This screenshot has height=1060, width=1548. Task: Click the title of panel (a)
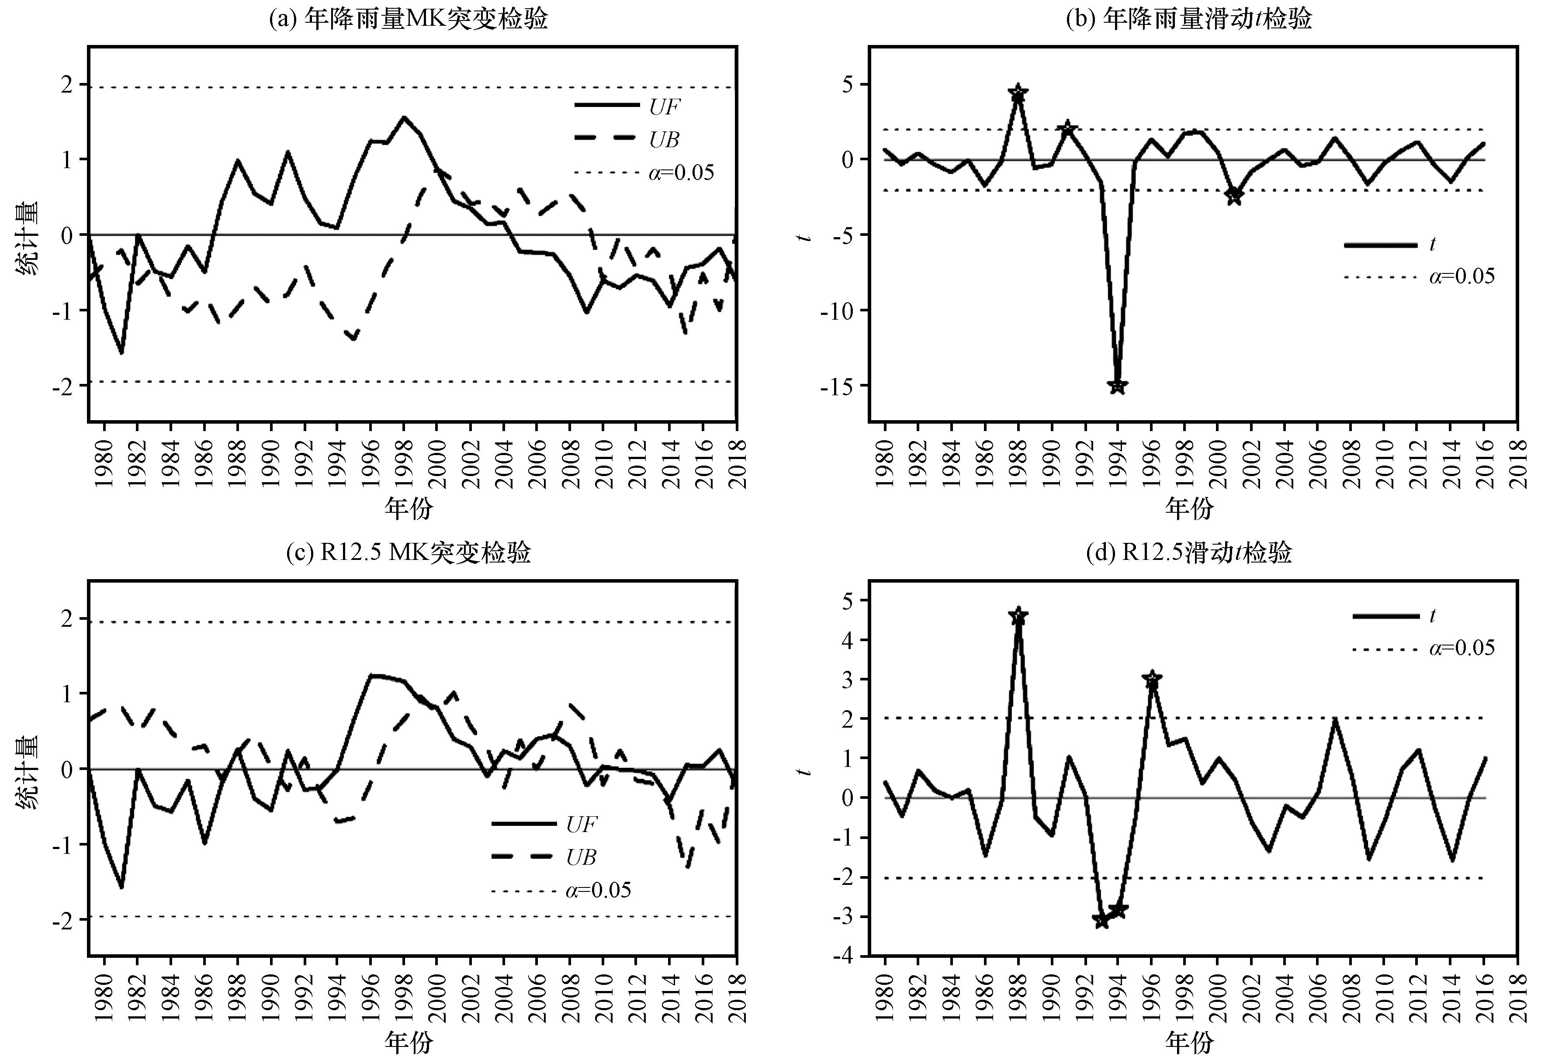409,19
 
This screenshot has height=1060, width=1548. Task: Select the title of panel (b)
1189,19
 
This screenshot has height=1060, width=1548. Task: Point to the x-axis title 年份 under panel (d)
1189,1042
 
